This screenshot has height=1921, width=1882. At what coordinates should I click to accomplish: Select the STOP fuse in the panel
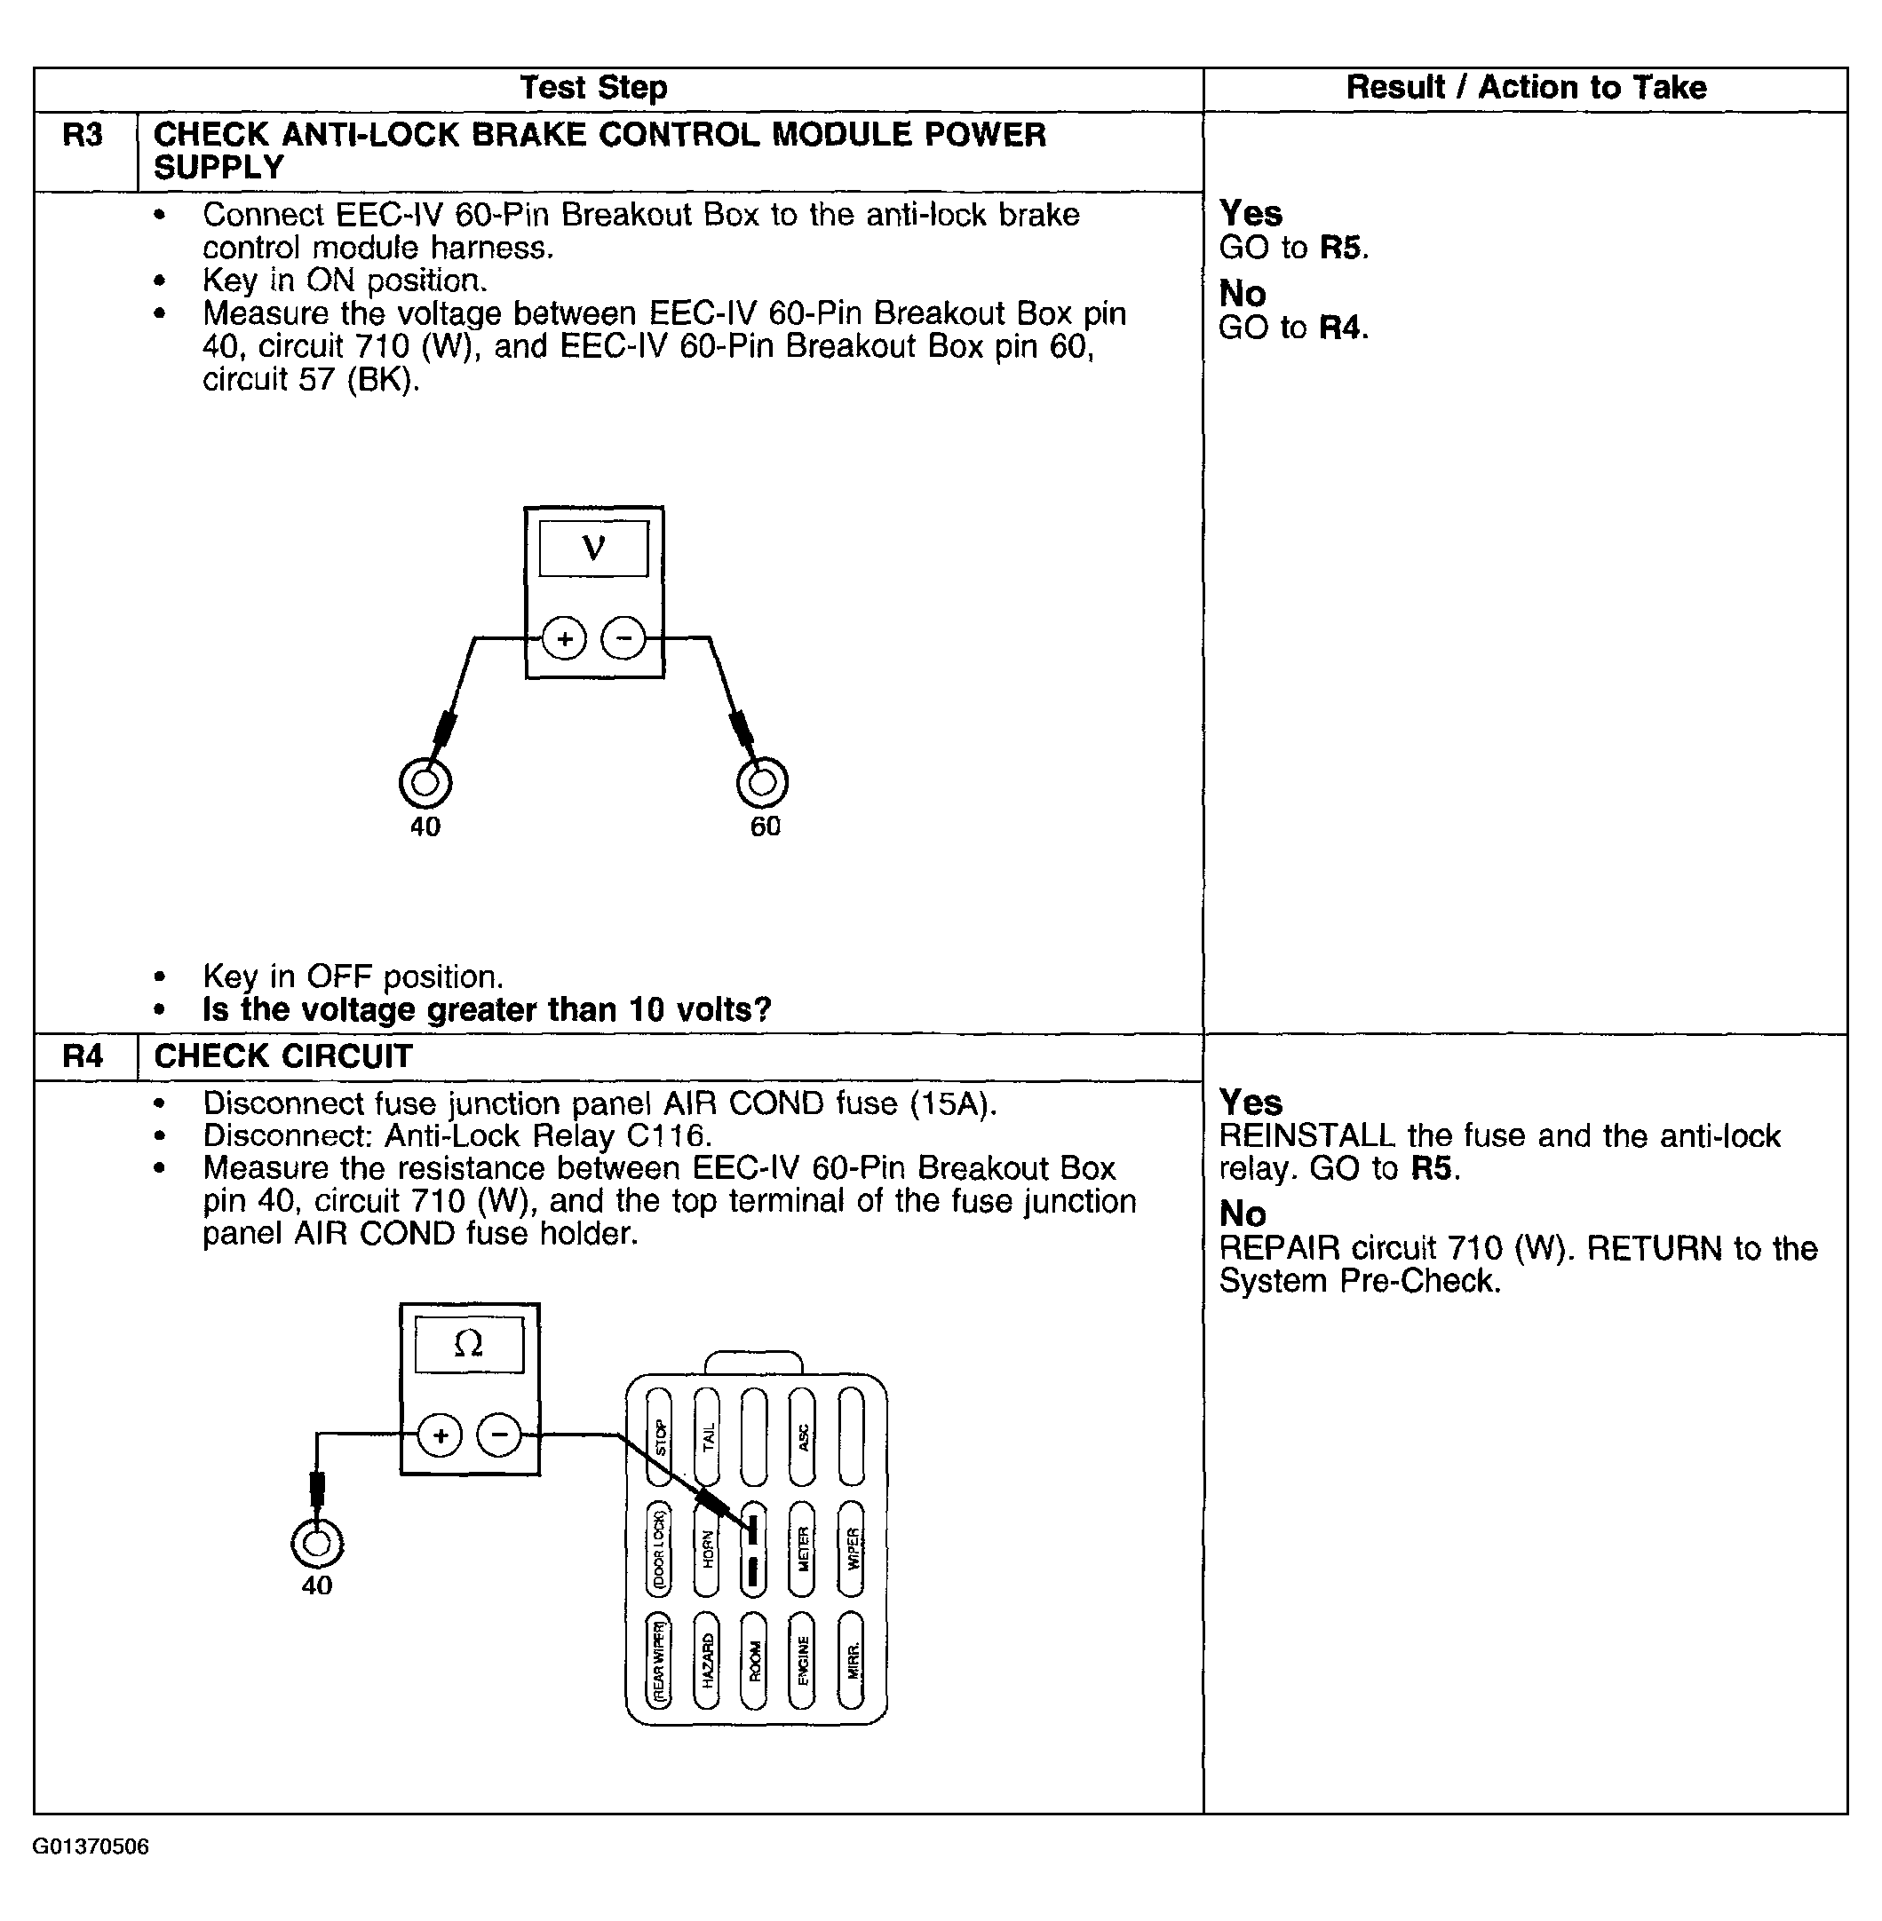[659, 1437]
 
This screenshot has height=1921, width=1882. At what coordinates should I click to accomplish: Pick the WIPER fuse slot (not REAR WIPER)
[851, 1548]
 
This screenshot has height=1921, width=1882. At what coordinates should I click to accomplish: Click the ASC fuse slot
[803, 1437]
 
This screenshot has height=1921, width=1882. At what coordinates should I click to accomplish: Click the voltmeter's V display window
[593, 548]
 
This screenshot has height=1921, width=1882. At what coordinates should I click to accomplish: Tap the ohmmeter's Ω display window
[469, 1344]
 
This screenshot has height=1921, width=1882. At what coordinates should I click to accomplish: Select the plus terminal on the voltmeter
[564, 638]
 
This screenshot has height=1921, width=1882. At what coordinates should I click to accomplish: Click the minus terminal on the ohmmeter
[499, 1434]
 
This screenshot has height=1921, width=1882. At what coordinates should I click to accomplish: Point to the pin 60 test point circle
[762, 783]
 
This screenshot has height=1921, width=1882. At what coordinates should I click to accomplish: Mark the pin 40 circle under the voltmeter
[425, 783]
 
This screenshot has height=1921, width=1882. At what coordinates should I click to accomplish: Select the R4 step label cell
[83, 1056]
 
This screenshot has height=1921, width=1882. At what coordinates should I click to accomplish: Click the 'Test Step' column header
[593, 88]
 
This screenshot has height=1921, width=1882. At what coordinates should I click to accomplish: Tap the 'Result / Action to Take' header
[1525, 88]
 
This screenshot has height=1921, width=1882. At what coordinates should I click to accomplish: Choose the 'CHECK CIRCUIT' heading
[282, 1056]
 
